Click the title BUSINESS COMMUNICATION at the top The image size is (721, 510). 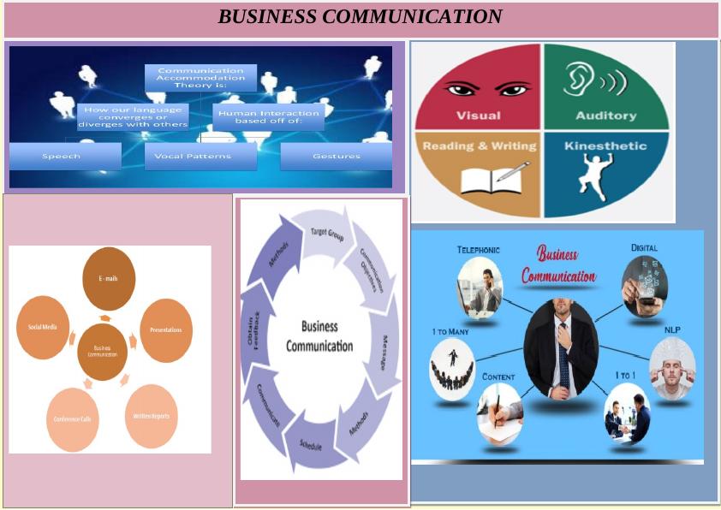tap(360, 17)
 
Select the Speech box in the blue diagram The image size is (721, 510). tap(62, 157)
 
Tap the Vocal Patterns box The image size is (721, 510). tap(199, 157)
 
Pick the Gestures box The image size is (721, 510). tap(336, 157)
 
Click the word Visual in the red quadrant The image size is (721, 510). tap(478, 116)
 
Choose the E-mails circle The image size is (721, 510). tap(108, 278)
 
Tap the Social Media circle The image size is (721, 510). tap(42, 327)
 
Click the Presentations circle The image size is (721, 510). tap(165, 329)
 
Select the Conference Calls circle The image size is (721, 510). tap(73, 419)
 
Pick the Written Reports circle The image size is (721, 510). tap(151, 416)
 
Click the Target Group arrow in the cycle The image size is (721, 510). tap(327, 231)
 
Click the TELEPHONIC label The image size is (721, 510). tap(478, 250)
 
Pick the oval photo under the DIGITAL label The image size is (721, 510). tap(644, 284)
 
